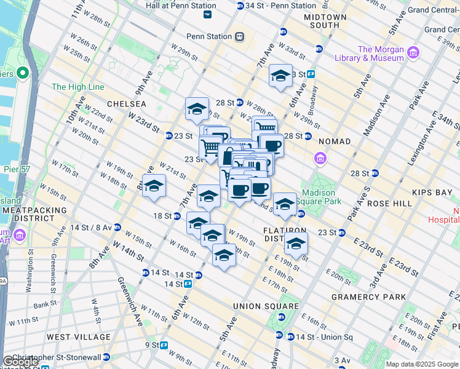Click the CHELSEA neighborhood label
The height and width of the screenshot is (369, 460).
coord(127,104)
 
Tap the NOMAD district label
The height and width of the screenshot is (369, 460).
coord(335,141)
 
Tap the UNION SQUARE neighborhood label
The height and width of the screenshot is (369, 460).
coord(266,306)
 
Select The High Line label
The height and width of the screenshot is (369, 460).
coord(78,87)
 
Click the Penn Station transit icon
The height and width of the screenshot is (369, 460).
coord(239,36)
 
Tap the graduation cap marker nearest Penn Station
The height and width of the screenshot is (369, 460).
coord(281,76)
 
